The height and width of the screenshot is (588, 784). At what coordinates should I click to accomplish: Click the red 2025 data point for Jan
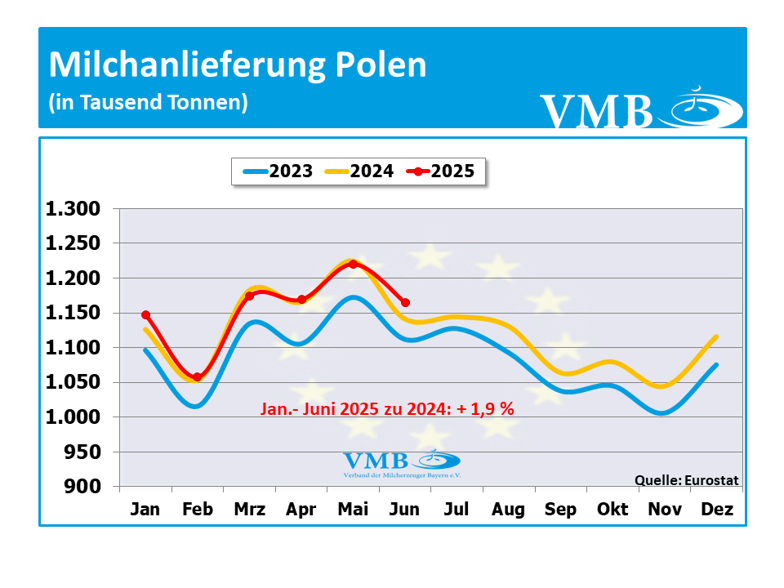tap(145, 314)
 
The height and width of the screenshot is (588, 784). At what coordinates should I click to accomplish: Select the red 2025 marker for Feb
tap(197, 377)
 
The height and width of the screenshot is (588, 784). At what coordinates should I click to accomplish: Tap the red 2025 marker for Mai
tap(353, 264)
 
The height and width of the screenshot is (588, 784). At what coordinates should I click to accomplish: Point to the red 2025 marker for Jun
tap(405, 303)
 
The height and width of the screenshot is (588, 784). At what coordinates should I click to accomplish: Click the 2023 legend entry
tap(278, 171)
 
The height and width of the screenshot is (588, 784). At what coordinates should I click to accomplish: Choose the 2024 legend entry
tap(359, 171)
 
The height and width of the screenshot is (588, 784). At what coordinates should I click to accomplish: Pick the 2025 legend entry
tap(440, 171)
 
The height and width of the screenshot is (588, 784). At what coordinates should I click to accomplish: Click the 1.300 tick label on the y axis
tap(73, 209)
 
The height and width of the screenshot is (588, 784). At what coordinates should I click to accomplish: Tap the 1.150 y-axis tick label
tap(73, 314)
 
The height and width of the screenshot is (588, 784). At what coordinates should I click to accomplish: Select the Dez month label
tap(717, 510)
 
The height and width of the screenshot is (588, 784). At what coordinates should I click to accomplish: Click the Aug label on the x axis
tap(508, 510)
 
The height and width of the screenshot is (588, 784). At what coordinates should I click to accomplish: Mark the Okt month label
tap(612, 510)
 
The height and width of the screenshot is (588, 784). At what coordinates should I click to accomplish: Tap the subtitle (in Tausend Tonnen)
tap(148, 103)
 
